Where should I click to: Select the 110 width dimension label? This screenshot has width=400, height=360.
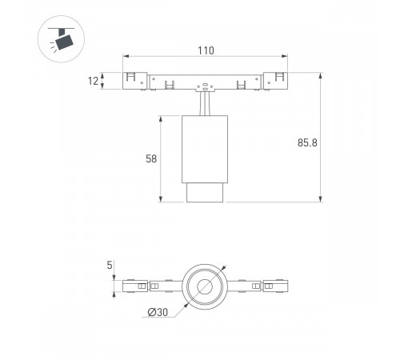tap(206, 50)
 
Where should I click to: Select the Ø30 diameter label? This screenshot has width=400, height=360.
tap(157, 313)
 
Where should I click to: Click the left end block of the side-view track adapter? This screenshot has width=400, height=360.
tap(136, 82)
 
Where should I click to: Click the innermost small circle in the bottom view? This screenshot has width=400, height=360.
tap(206, 286)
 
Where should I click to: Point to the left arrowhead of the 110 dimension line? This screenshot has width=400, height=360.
tap(126, 57)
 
